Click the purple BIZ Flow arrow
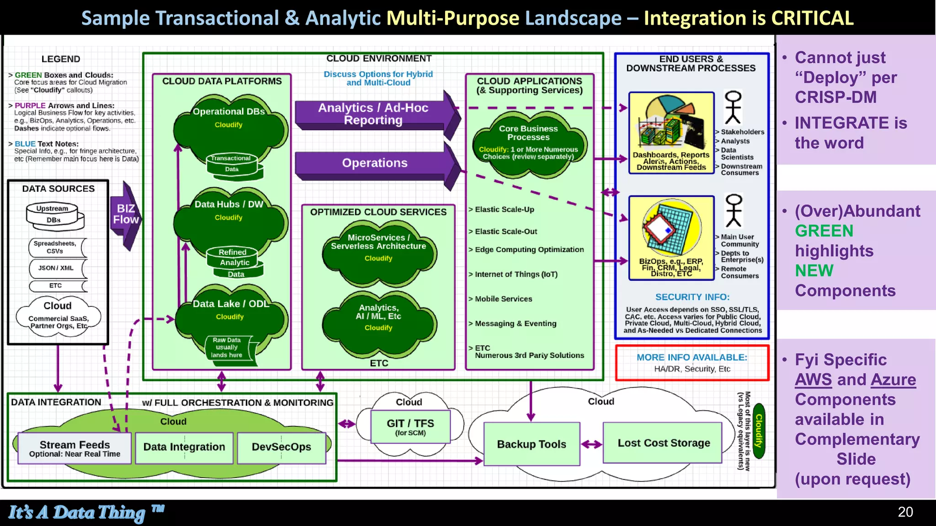coord(125,215)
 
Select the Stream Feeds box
coord(74,448)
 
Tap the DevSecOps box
coord(282,447)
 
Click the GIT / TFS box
coord(410,426)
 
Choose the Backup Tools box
coord(532,444)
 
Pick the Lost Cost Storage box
coord(663,443)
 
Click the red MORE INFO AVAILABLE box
coord(692,363)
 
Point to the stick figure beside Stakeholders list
coord(733,108)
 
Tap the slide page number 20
coord(905,512)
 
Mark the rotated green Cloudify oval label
coord(759,431)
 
